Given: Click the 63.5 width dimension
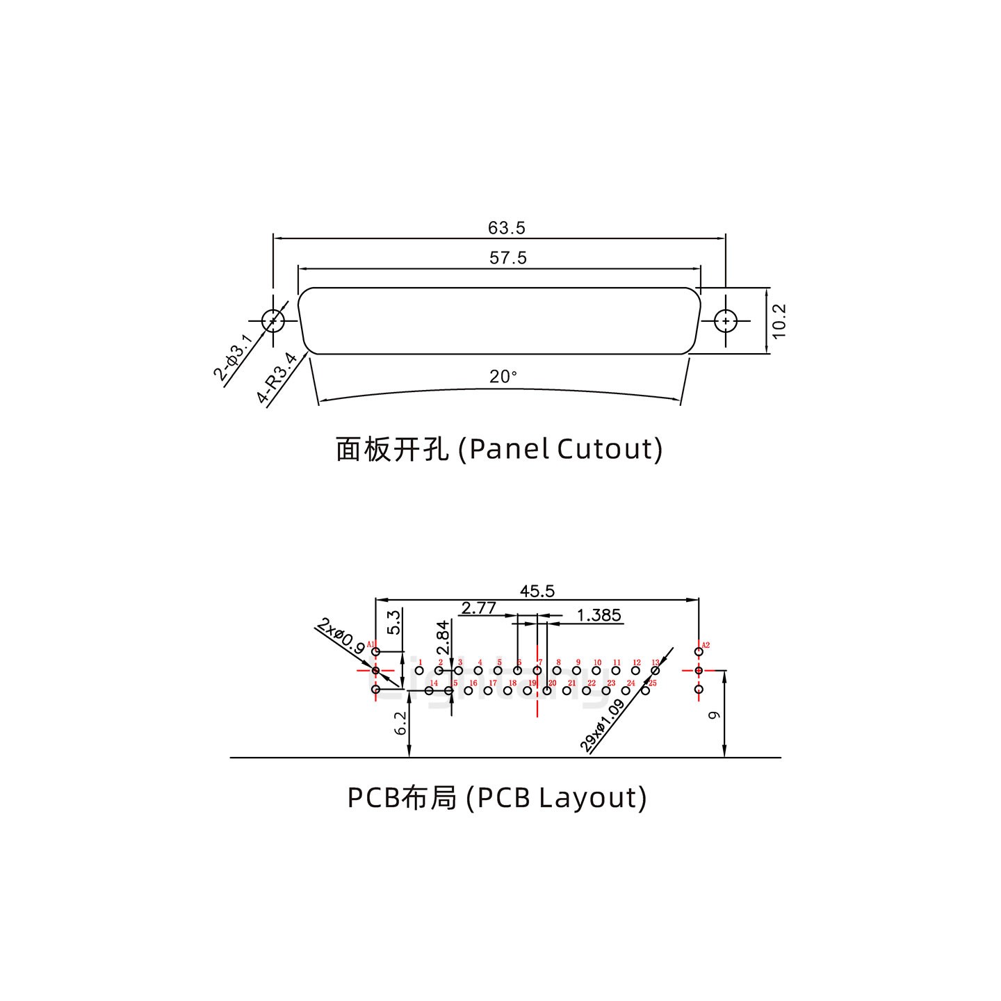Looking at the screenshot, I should coord(506,228).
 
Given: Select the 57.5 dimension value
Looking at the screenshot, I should coord(508,259).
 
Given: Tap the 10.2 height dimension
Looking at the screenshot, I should coord(779,320).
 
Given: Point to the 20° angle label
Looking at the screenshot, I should coord(503,377).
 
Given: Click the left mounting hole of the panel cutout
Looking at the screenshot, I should coord(273,320).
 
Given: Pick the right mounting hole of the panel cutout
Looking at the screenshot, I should coord(726,321).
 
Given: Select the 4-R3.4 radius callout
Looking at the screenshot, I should coord(277,378).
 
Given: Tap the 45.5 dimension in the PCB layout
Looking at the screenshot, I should coord(537,591).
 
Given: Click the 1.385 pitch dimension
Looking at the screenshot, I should coord(599,615).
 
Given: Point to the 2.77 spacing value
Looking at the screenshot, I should coord(478,608).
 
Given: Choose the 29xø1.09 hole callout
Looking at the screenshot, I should coord(602,726).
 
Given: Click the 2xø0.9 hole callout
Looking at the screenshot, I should coord(340,635).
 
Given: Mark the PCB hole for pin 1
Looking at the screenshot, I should coord(419,671).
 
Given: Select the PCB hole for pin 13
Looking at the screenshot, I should coord(655,670).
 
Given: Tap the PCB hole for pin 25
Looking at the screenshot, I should coord(645,690).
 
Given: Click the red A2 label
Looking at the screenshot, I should coord(706,645).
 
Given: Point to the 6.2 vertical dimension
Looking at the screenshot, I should coord(400,724).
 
